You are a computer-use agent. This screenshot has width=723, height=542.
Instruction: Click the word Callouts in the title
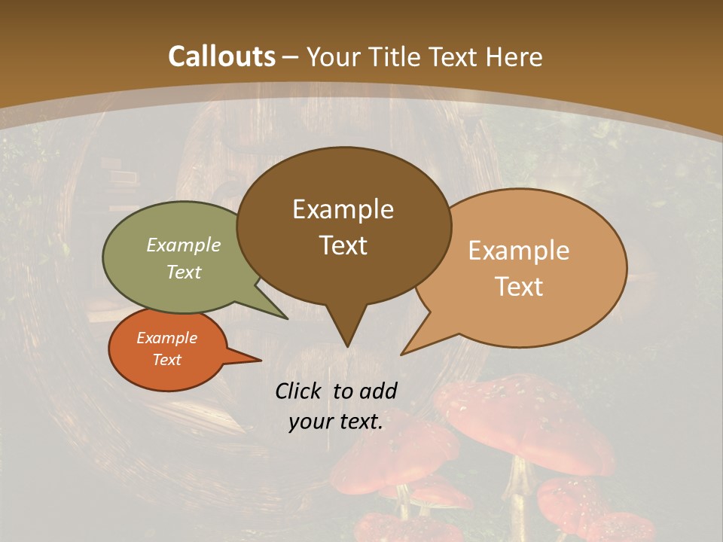(x=221, y=57)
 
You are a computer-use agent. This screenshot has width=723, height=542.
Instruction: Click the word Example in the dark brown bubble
(x=343, y=209)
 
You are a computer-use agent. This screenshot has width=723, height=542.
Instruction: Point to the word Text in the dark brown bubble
(x=343, y=245)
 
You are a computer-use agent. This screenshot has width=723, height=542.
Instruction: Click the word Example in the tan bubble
(x=519, y=251)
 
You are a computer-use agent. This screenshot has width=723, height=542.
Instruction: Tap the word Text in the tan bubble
(x=519, y=287)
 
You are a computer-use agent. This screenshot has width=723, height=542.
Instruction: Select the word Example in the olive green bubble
(x=184, y=245)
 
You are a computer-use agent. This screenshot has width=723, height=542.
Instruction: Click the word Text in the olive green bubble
(x=184, y=272)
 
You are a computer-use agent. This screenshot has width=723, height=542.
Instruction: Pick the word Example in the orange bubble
(x=167, y=338)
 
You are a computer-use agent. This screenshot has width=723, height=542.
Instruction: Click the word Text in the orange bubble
(x=167, y=360)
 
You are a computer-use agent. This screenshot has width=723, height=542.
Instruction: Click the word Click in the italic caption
(x=299, y=391)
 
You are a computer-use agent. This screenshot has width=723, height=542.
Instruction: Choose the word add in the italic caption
(x=378, y=391)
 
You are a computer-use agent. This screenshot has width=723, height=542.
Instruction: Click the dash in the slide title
(x=291, y=57)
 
